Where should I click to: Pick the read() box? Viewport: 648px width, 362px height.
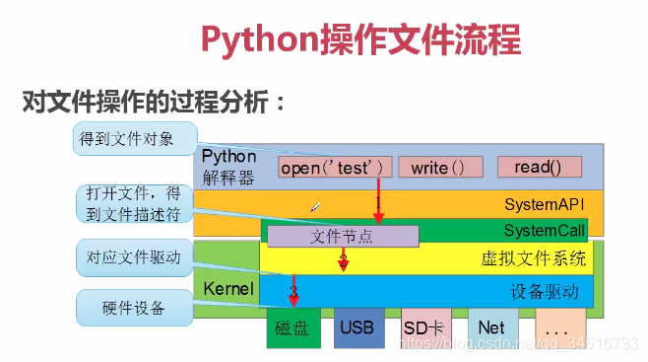coord(539,167)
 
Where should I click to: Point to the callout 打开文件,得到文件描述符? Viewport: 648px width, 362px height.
coord(128,205)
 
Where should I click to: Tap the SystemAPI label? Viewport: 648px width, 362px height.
coord(545,205)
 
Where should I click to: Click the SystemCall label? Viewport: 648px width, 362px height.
coord(545,231)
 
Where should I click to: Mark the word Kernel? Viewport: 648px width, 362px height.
coord(228,289)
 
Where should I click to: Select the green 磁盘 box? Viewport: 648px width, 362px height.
coord(294,327)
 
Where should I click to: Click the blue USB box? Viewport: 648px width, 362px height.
coord(358,327)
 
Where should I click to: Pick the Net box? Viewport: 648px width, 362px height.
coord(492,327)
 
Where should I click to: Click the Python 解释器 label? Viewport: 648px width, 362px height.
coord(229,167)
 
